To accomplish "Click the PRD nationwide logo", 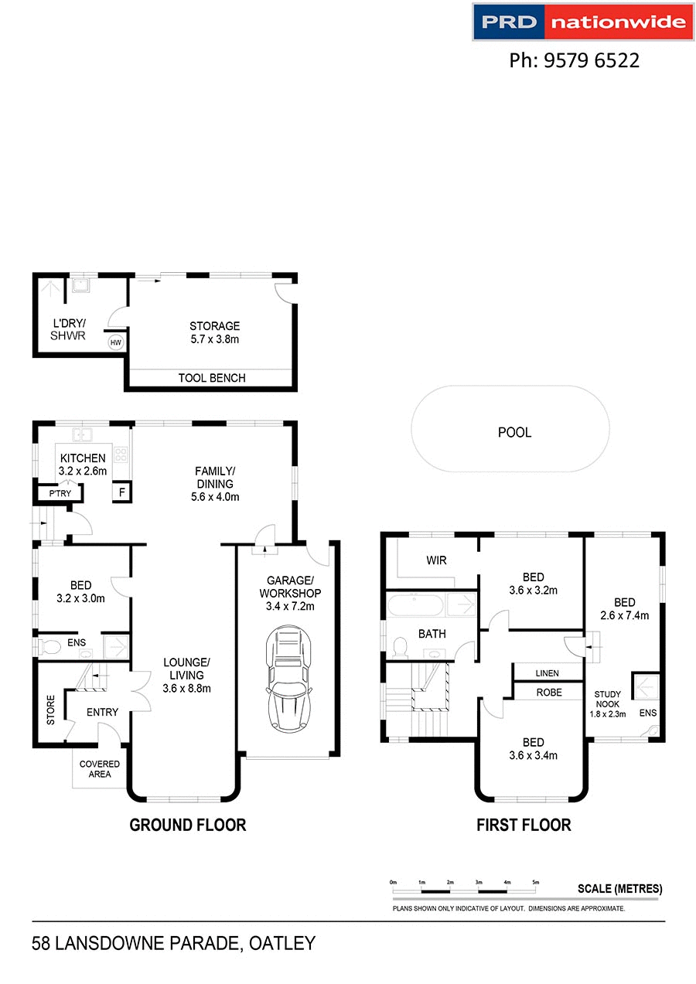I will click(582, 22).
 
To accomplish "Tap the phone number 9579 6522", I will click(574, 60).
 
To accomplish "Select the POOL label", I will click(514, 433).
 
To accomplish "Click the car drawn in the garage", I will click(287, 679).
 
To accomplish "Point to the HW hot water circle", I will click(115, 342).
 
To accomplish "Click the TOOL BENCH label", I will click(211, 378).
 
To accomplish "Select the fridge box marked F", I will click(121, 492).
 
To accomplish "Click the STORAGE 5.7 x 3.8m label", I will click(214, 332).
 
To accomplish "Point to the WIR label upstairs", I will click(437, 560).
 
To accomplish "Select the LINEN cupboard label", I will click(547, 673).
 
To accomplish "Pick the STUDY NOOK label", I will click(607, 699).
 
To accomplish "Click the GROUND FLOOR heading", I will click(187, 825).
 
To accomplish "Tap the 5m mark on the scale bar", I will click(535, 882).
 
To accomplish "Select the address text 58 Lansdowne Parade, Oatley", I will click(174, 943).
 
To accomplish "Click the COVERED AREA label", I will click(100, 769).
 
